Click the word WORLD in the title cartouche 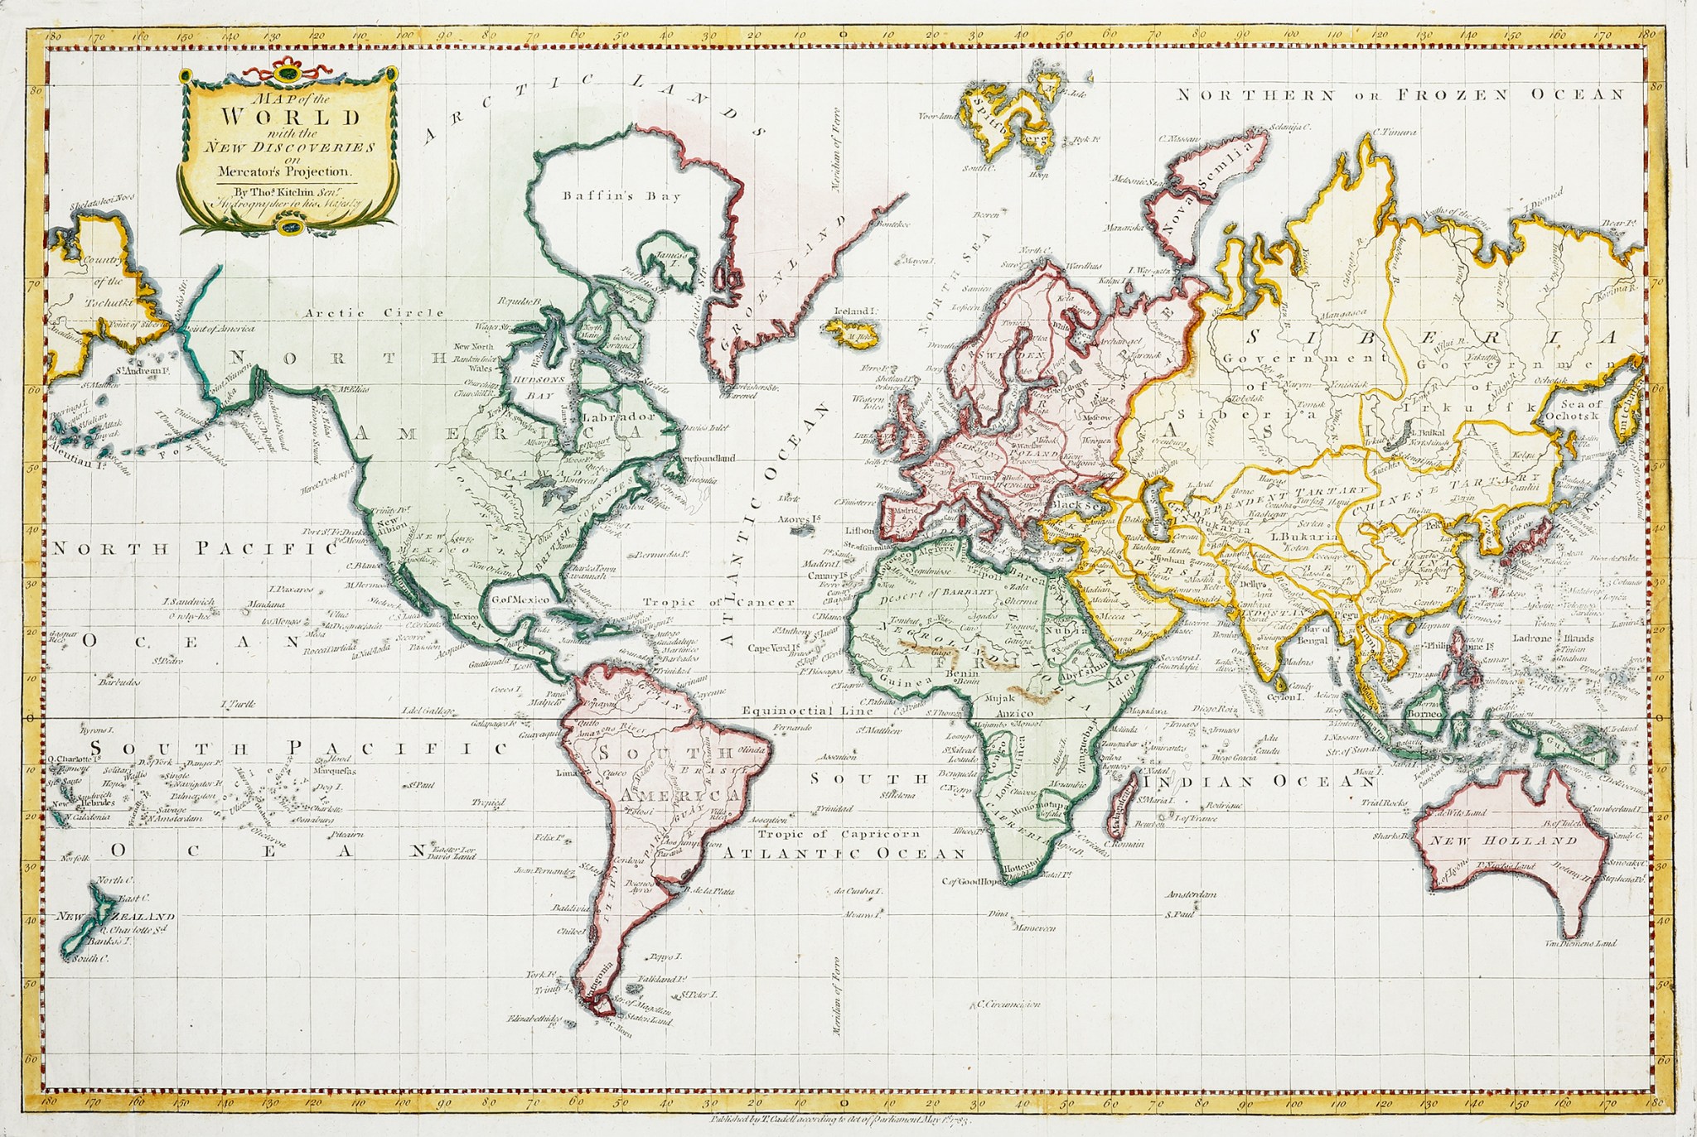(290, 116)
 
